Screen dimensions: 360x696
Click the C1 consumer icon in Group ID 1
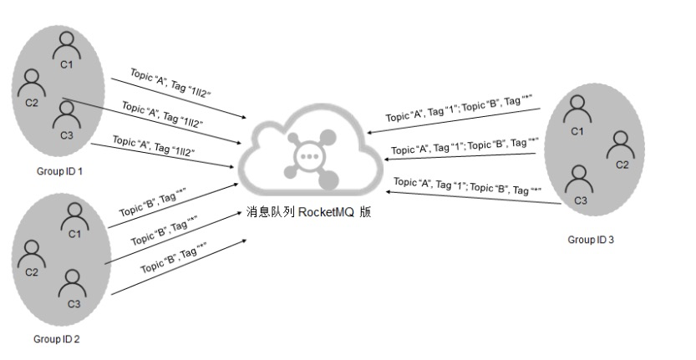pyautogui.click(x=66, y=48)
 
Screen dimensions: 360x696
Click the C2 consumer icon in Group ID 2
pyautogui.click(x=32, y=252)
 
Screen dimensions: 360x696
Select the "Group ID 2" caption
pyautogui.click(x=56, y=339)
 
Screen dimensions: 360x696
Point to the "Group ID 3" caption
pyautogui.click(x=590, y=240)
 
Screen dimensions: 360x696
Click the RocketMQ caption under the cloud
pyautogui.click(x=308, y=213)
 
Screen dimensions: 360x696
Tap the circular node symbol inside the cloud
pyautogui.click(x=308, y=157)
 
